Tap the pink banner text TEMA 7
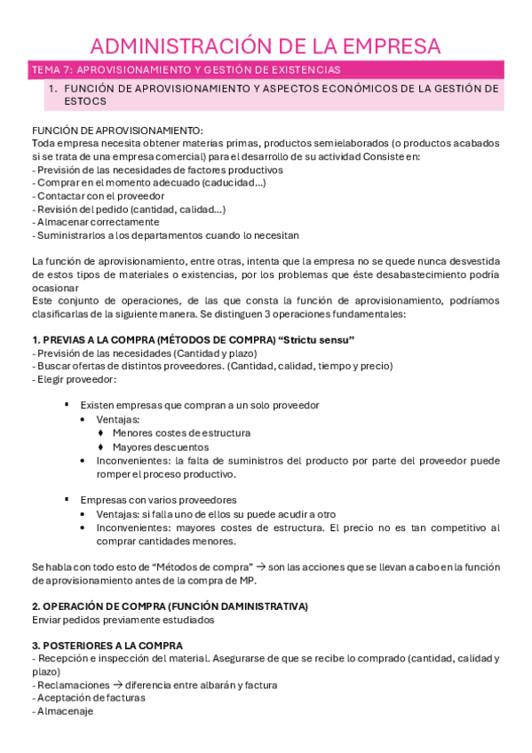[51, 70]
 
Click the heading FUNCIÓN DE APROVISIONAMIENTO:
[116, 131]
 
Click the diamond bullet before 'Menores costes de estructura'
[101, 433]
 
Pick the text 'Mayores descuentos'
[161, 447]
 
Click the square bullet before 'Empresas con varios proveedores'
[68, 499]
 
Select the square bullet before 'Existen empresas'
[68, 405]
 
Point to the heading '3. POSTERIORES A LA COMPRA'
[107, 646]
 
